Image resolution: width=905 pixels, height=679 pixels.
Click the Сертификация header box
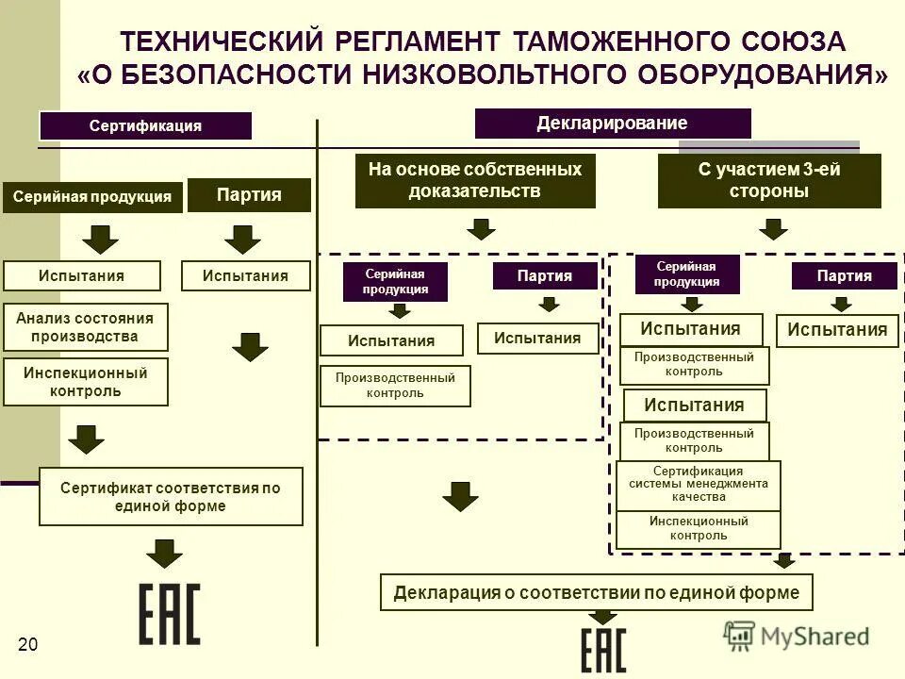(x=145, y=125)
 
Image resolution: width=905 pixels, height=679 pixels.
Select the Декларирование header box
(x=612, y=124)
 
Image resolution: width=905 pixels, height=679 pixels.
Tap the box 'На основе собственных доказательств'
(x=475, y=180)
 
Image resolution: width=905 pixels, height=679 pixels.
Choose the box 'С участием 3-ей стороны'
(x=768, y=180)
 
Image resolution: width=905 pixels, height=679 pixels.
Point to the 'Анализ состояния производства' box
(x=86, y=327)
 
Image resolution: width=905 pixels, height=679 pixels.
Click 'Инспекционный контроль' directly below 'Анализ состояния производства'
(x=86, y=381)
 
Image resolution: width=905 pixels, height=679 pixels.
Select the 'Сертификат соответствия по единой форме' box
(x=171, y=496)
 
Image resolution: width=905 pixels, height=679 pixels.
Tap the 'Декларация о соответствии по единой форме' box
(x=596, y=592)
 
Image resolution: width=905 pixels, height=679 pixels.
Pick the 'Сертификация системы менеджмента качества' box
(x=699, y=485)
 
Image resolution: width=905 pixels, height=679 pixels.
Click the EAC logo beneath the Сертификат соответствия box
(x=170, y=614)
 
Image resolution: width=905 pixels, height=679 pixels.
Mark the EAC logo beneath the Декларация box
(x=602, y=650)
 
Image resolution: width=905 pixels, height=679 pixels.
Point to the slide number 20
(x=27, y=645)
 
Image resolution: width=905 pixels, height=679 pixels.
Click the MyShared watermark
(x=797, y=637)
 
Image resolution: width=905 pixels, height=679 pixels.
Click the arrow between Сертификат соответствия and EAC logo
(x=165, y=553)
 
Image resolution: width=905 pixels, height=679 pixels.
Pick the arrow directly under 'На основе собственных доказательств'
(x=482, y=228)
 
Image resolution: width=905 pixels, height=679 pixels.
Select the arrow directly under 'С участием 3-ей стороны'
(x=774, y=228)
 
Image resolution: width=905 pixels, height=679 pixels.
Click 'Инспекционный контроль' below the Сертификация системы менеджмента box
(x=699, y=528)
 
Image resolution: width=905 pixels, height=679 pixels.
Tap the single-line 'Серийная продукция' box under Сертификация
(x=91, y=197)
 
